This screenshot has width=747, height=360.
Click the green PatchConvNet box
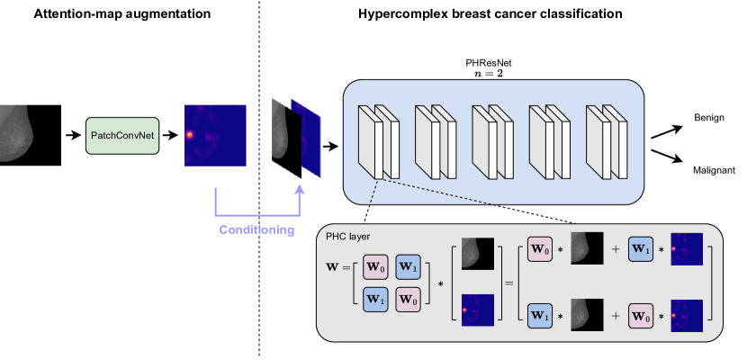click(x=122, y=135)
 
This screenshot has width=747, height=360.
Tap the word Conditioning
click(x=256, y=229)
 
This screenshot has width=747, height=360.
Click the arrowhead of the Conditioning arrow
click(x=300, y=189)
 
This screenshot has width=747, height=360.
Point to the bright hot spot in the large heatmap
click(x=190, y=135)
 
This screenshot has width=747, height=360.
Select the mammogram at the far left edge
click(x=16, y=132)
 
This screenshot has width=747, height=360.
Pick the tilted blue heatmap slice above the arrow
click(x=306, y=138)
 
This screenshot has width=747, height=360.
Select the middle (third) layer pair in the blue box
click(x=492, y=141)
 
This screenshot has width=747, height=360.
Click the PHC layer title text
click(x=347, y=237)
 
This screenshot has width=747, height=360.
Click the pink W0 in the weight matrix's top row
click(x=376, y=267)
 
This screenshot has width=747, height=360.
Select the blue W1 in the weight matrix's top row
click(x=408, y=267)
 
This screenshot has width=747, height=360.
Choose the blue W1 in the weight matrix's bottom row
click(x=376, y=300)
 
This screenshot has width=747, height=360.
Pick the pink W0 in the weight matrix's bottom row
click(x=408, y=300)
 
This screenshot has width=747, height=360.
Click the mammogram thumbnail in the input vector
click(x=478, y=253)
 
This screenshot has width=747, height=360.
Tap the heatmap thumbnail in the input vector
click(x=478, y=309)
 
